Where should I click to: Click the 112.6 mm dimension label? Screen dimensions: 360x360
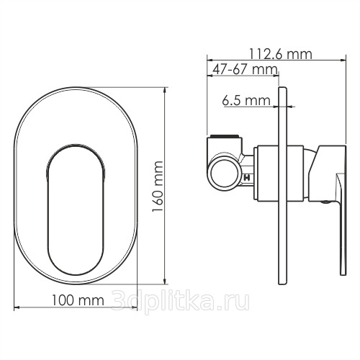[281, 54]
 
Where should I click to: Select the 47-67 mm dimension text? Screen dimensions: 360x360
[245, 70]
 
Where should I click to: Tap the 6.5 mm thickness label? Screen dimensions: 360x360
[246, 100]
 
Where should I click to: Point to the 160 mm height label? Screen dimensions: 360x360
[158, 186]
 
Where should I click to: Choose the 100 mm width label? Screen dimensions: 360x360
[78, 300]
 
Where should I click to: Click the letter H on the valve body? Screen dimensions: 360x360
[247, 178]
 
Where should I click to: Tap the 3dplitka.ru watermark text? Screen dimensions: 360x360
[181, 301]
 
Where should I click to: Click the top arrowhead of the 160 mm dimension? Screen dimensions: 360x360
[164, 90]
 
